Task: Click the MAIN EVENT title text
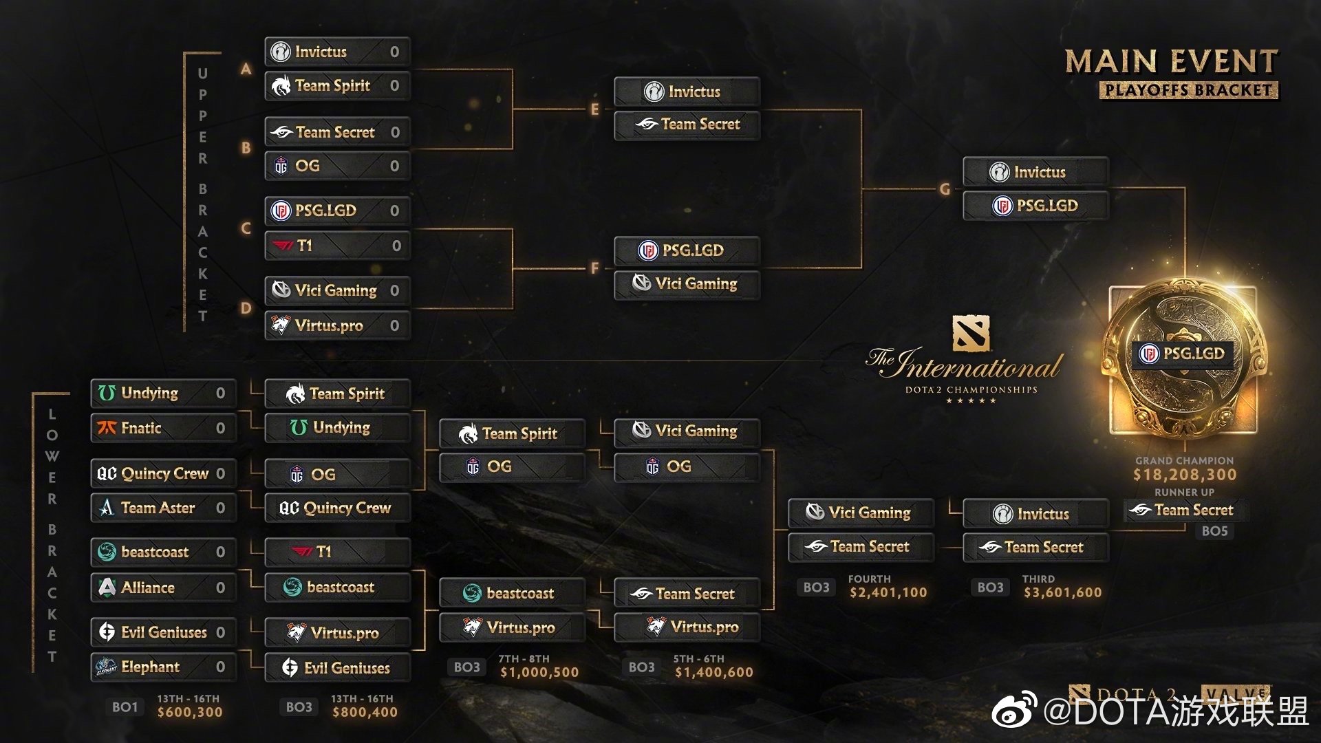point(1171,62)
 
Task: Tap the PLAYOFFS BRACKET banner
point(1188,90)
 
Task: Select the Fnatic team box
point(163,428)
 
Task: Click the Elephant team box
point(163,667)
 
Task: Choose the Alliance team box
point(163,588)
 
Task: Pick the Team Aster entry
point(163,508)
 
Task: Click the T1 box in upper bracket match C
point(337,246)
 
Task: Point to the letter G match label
point(945,189)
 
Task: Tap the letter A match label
point(246,69)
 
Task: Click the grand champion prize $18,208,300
point(1185,475)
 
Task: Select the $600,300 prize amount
point(190,713)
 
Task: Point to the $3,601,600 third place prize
point(1062,592)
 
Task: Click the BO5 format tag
point(1214,531)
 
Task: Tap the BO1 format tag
point(125,707)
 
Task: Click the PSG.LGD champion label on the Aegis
point(1185,354)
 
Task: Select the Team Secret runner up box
point(1185,510)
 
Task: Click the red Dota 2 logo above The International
point(971,333)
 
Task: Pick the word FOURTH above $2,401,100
point(869,579)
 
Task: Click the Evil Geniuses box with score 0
point(163,632)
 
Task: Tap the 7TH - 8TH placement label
point(524,659)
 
